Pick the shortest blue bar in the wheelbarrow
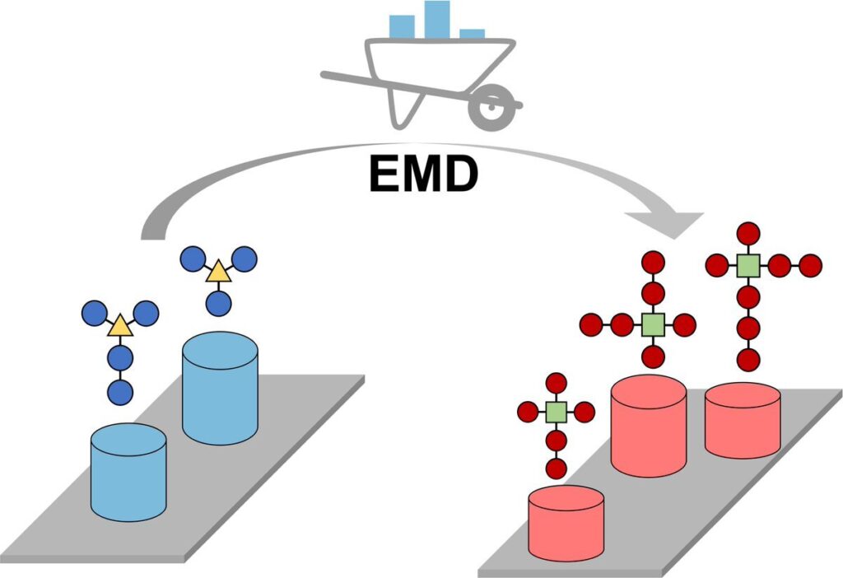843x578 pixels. [x=473, y=34]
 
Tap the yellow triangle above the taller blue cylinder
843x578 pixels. [x=218, y=271]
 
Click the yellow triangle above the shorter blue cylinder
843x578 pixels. [x=120, y=326]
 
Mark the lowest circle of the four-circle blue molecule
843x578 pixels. [x=121, y=391]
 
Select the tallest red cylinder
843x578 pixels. [x=649, y=428]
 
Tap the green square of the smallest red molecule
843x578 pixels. [x=557, y=412]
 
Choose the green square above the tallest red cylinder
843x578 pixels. [x=653, y=324]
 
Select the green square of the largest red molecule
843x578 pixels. [x=748, y=265]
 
